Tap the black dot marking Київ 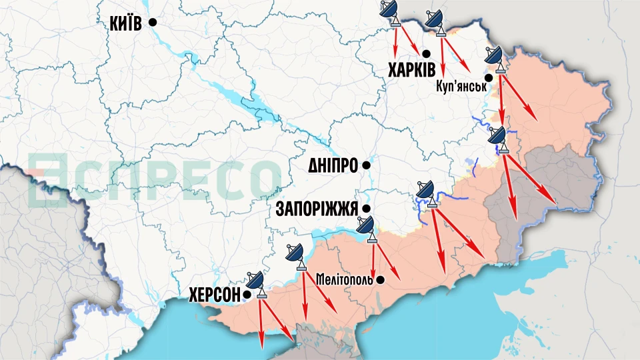click(153, 22)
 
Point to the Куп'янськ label click(459, 87)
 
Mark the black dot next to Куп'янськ click(489, 78)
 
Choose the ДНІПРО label click(332, 165)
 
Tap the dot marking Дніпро click(365, 165)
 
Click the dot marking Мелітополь click(380, 279)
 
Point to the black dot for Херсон click(247, 293)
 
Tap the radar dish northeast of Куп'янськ click(494, 57)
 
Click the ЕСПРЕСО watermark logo click(153, 178)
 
